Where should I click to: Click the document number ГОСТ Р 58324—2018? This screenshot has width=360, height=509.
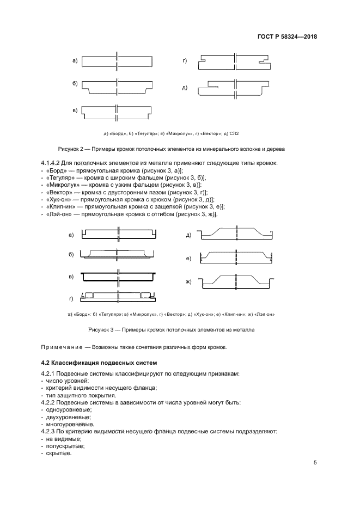coord(286,37)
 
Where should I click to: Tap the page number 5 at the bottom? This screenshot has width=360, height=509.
coord(315,463)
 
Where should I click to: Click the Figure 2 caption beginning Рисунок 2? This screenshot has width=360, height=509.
coord(172,149)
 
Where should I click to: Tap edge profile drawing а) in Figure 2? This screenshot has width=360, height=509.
coord(117,61)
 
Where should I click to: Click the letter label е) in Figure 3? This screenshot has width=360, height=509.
coord(188,257)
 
